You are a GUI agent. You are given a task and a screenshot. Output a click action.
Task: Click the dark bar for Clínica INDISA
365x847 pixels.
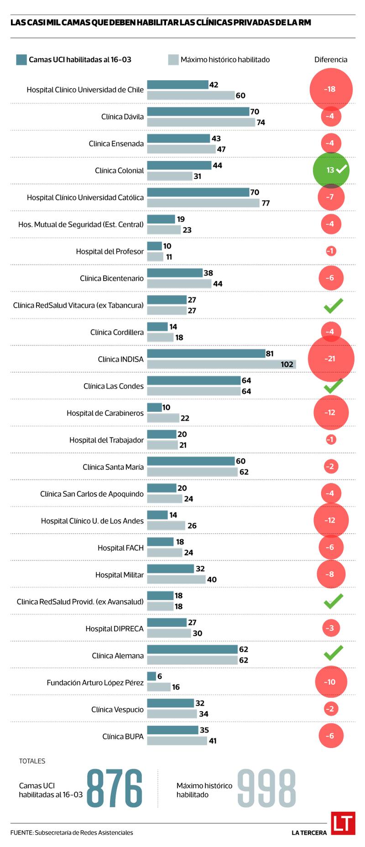[206, 353]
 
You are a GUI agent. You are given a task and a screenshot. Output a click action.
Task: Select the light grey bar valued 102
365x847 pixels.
[221, 364]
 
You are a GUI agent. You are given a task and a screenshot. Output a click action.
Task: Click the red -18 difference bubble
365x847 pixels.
[331, 89]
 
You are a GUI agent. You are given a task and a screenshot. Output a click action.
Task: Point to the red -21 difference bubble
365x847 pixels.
[331, 359]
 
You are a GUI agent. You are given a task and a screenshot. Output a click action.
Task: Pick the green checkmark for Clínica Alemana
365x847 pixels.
[333, 653]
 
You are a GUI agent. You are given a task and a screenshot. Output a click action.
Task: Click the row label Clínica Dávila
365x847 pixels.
[122, 117]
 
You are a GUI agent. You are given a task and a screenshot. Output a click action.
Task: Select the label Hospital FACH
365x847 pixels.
[120, 548]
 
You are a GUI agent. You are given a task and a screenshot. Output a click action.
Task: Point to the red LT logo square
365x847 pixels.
[343, 823]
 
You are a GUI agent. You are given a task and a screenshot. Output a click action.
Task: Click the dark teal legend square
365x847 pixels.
[21, 60]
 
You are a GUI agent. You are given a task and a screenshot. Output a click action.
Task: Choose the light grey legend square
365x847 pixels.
[173, 60]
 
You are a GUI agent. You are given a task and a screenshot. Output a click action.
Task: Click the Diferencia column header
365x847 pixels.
[331, 60]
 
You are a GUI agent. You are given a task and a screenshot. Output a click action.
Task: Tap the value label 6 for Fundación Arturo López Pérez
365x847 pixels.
[160, 676]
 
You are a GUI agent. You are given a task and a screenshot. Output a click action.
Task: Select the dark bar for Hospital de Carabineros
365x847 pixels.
[154, 407]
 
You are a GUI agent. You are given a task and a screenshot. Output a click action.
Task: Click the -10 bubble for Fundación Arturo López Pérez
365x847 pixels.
[331, 682]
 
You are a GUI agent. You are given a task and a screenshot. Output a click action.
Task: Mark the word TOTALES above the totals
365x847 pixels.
[32, 761]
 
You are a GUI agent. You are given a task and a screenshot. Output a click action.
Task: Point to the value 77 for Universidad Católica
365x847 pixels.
[266, 203]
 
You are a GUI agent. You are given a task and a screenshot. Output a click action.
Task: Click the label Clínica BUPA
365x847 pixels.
[123, 737]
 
